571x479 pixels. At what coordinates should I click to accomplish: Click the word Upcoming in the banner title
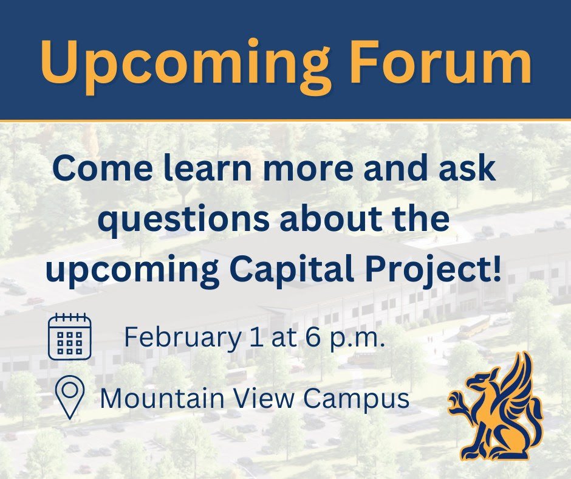coord(186,66)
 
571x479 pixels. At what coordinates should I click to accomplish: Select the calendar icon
coord(70,336)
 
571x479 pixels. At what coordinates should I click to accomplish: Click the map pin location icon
coord(70,397)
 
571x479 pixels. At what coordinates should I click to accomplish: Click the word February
coord(182,337)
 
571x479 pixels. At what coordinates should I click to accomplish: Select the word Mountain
coord(162,398)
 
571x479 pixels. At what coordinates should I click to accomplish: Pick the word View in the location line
coord(263,398)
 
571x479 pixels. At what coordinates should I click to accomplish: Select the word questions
coord(183,220)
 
